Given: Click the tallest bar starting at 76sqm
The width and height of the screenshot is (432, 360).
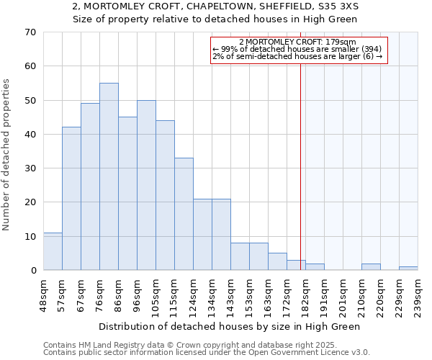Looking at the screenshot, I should [x=109, y=176].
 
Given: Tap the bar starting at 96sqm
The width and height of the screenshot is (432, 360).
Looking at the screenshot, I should [x=146, y=185].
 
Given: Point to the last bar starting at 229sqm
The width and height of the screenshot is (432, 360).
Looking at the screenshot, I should [x=408, y=269].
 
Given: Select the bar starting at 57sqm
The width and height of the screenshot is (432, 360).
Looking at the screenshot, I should [x=71, y=198].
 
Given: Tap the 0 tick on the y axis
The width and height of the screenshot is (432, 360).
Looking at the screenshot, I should [x=32, y=271].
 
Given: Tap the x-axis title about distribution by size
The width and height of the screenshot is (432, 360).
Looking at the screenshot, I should [x=229, y=326].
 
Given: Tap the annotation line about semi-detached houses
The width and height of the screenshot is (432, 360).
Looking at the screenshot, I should [x=297, y=57].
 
